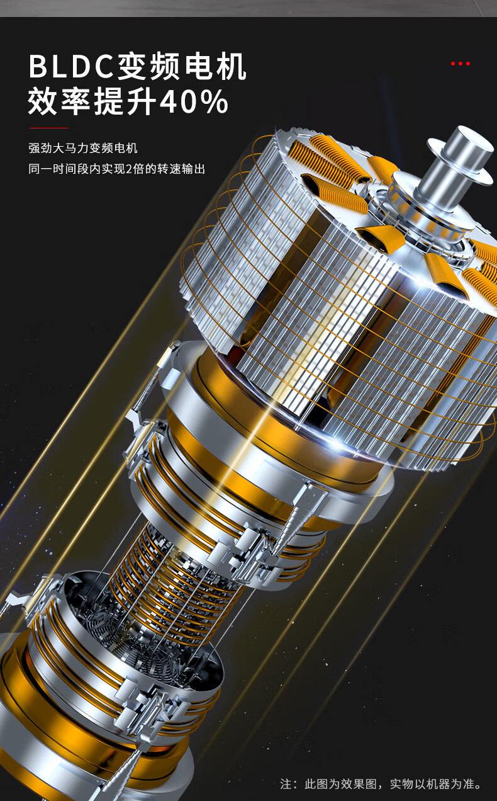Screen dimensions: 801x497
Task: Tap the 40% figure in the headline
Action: [193, 103]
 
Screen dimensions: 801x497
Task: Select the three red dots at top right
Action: [461, 64]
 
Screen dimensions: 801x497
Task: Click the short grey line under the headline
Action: [48, 128]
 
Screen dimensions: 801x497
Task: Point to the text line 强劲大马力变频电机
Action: [83, 149]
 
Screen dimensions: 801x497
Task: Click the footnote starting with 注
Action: [381, 784]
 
